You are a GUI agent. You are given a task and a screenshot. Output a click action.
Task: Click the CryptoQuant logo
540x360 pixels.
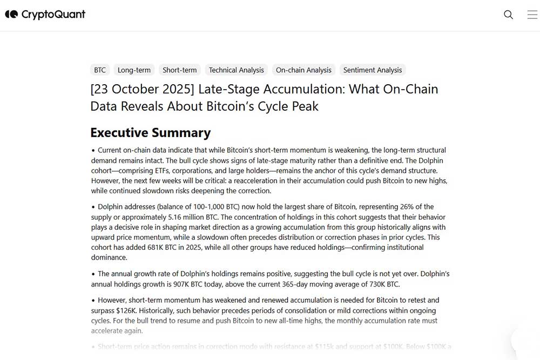(45, 15)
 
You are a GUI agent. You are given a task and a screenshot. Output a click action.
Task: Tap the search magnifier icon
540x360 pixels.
(508, 15)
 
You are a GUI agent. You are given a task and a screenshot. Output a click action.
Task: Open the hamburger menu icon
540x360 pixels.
(532, 15)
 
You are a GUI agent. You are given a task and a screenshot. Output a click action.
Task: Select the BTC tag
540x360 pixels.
(100, 70)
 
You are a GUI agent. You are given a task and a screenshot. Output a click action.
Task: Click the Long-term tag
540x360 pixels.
(134, 70)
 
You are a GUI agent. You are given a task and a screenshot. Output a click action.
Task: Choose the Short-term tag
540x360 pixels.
(179, 70)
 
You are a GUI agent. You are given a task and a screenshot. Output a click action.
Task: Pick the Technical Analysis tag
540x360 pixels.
(236, 70)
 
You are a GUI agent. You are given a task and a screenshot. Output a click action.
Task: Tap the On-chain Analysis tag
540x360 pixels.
(303, 70)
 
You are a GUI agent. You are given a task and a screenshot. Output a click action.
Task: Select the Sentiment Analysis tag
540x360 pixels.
(373, 70)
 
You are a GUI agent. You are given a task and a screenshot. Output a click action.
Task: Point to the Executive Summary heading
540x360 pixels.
(150, 133)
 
